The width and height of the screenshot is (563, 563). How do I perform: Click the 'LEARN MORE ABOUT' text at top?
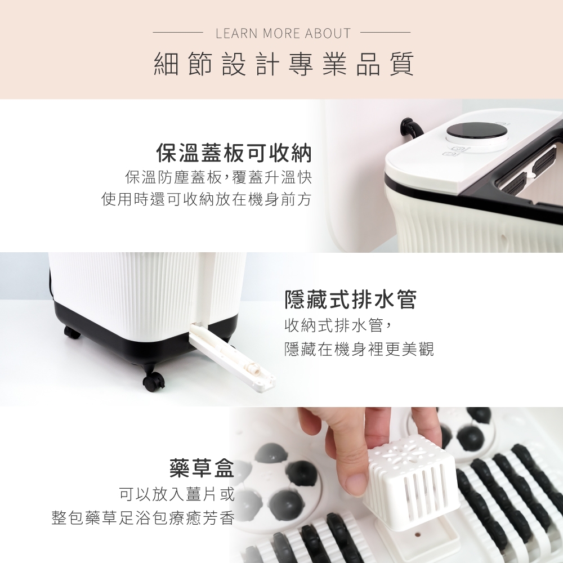coord(283,33)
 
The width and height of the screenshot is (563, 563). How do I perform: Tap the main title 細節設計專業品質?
coord(284,64)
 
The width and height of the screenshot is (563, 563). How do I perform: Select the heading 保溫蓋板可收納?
coord(234,153)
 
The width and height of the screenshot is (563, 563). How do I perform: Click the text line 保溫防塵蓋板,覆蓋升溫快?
coord(218,177)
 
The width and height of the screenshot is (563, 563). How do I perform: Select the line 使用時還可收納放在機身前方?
coord(206,199)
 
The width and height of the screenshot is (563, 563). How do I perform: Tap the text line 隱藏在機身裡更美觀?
coord(359,348)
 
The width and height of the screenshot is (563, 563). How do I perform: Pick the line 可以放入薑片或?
coord(177,494)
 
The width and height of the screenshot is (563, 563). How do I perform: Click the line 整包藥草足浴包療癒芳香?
coord(143,518)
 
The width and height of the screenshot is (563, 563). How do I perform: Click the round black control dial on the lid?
coord(477,133)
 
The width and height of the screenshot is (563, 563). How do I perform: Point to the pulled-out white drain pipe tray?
coord(231,359)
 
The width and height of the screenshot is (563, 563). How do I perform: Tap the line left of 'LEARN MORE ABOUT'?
coord(178,32)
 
